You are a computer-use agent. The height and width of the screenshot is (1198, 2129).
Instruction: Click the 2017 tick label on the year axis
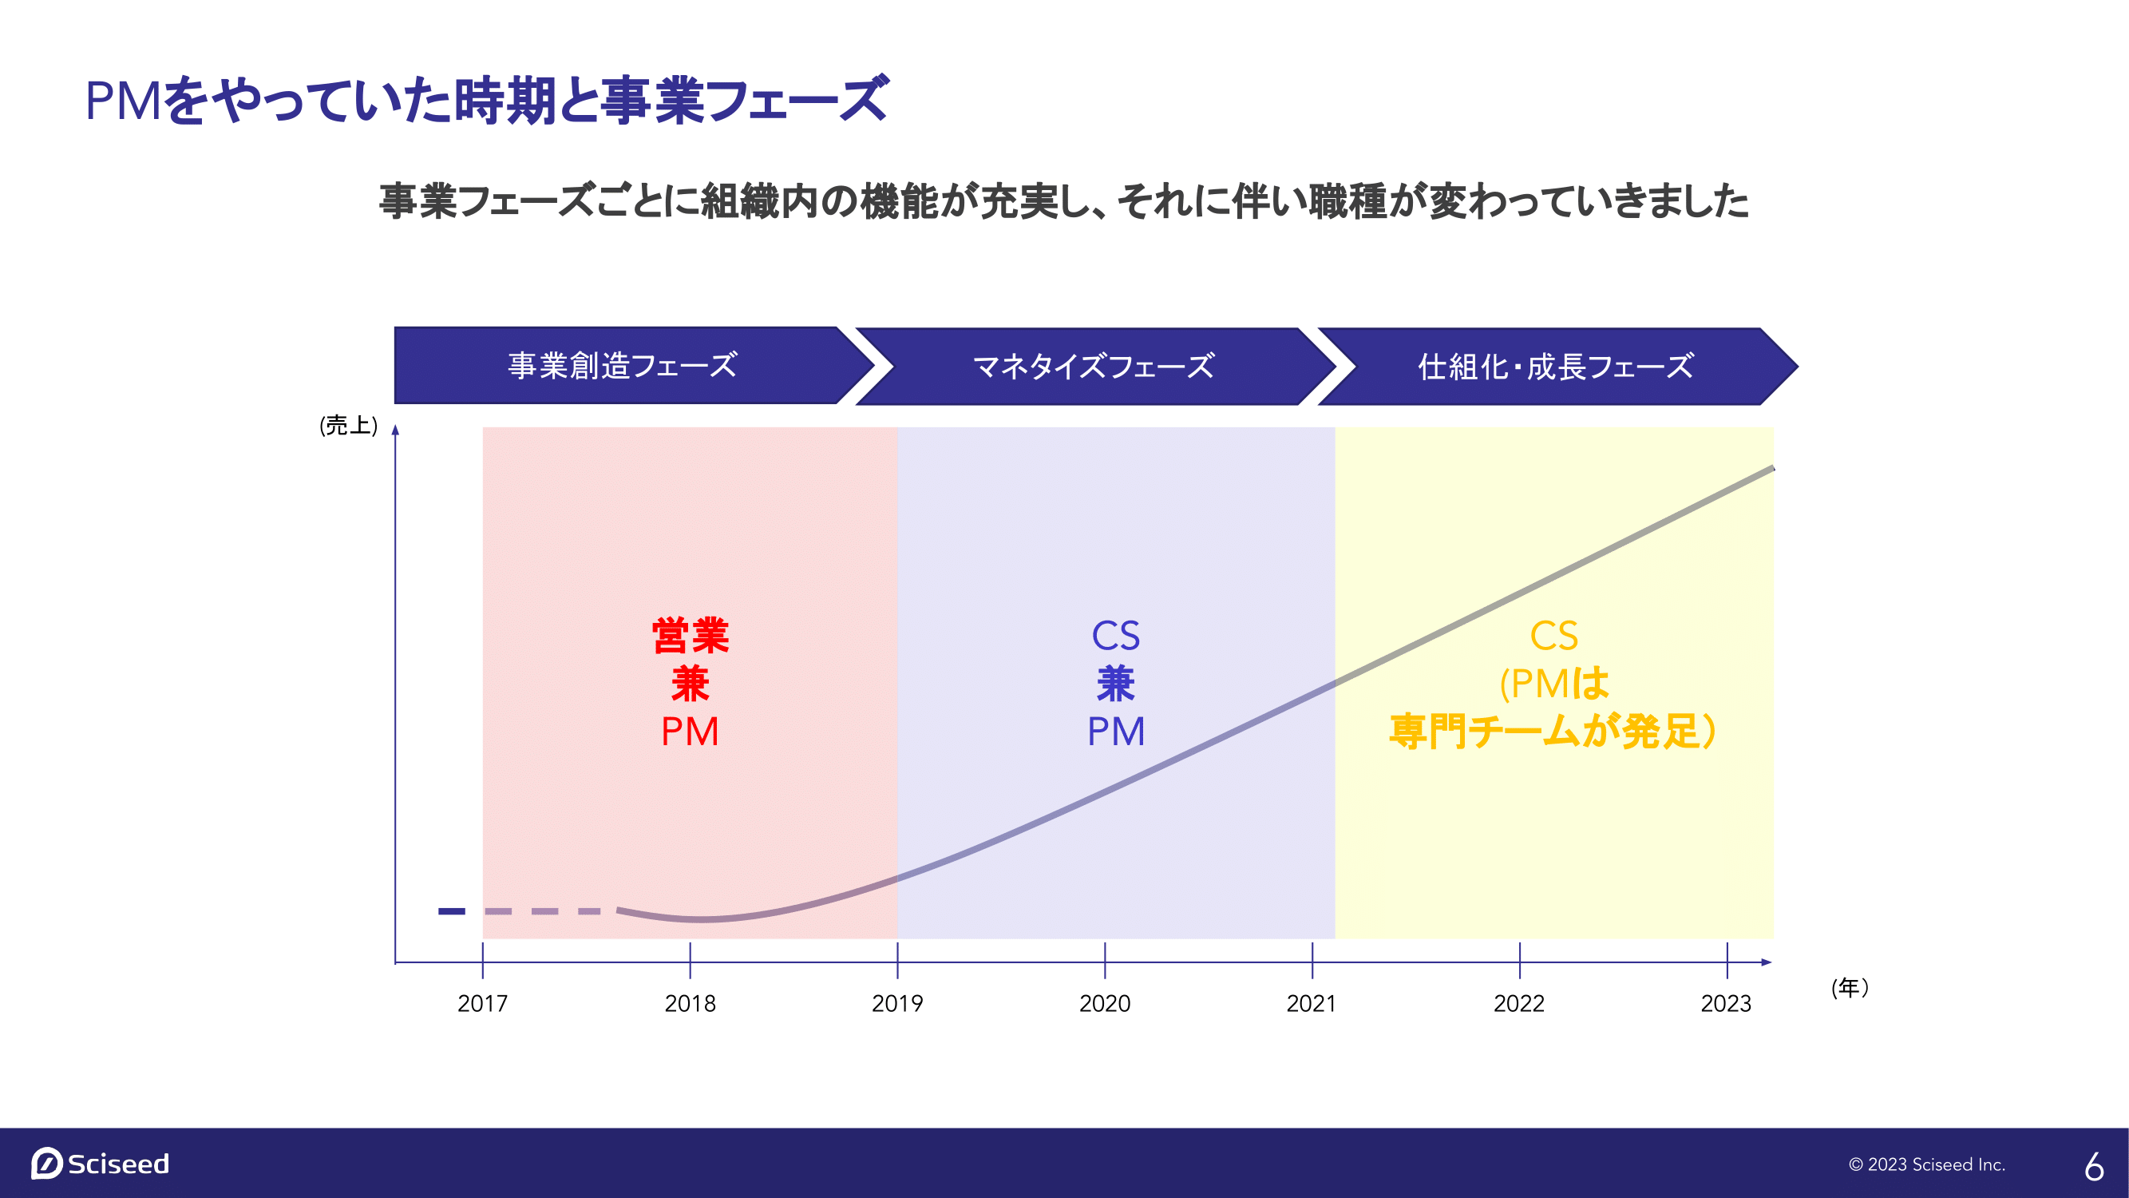(483, 1003)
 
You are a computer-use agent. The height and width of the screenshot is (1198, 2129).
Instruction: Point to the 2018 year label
(690, 1003)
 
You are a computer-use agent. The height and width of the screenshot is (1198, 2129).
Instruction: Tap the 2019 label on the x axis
(897, 1003)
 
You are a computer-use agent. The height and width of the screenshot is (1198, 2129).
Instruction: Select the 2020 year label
(1105, 1003)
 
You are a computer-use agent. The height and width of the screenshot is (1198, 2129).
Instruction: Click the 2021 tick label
(1312, 1003)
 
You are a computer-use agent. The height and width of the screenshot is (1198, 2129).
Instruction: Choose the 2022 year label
(1519, 1003)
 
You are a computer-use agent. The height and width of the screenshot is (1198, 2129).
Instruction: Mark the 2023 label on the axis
(1727, 1003)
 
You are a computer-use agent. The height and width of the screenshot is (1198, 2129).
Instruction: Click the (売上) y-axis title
(349, 425)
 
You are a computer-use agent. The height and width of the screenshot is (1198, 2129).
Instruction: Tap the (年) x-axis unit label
(1850, 987)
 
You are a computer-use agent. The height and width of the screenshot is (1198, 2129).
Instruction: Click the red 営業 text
(690, 636)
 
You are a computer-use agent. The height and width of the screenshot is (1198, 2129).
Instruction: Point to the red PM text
(690, 731)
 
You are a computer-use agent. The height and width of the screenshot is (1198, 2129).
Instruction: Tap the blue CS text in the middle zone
(1116, 636)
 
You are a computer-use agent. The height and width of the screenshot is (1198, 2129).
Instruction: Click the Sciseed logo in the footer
(100, 1164)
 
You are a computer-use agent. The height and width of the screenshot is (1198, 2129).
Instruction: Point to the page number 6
(2095, 1166)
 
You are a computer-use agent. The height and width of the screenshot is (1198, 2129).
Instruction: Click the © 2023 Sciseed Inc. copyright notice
(1926, 1164)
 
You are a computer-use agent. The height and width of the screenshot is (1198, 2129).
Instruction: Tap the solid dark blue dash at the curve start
(451, 911)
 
